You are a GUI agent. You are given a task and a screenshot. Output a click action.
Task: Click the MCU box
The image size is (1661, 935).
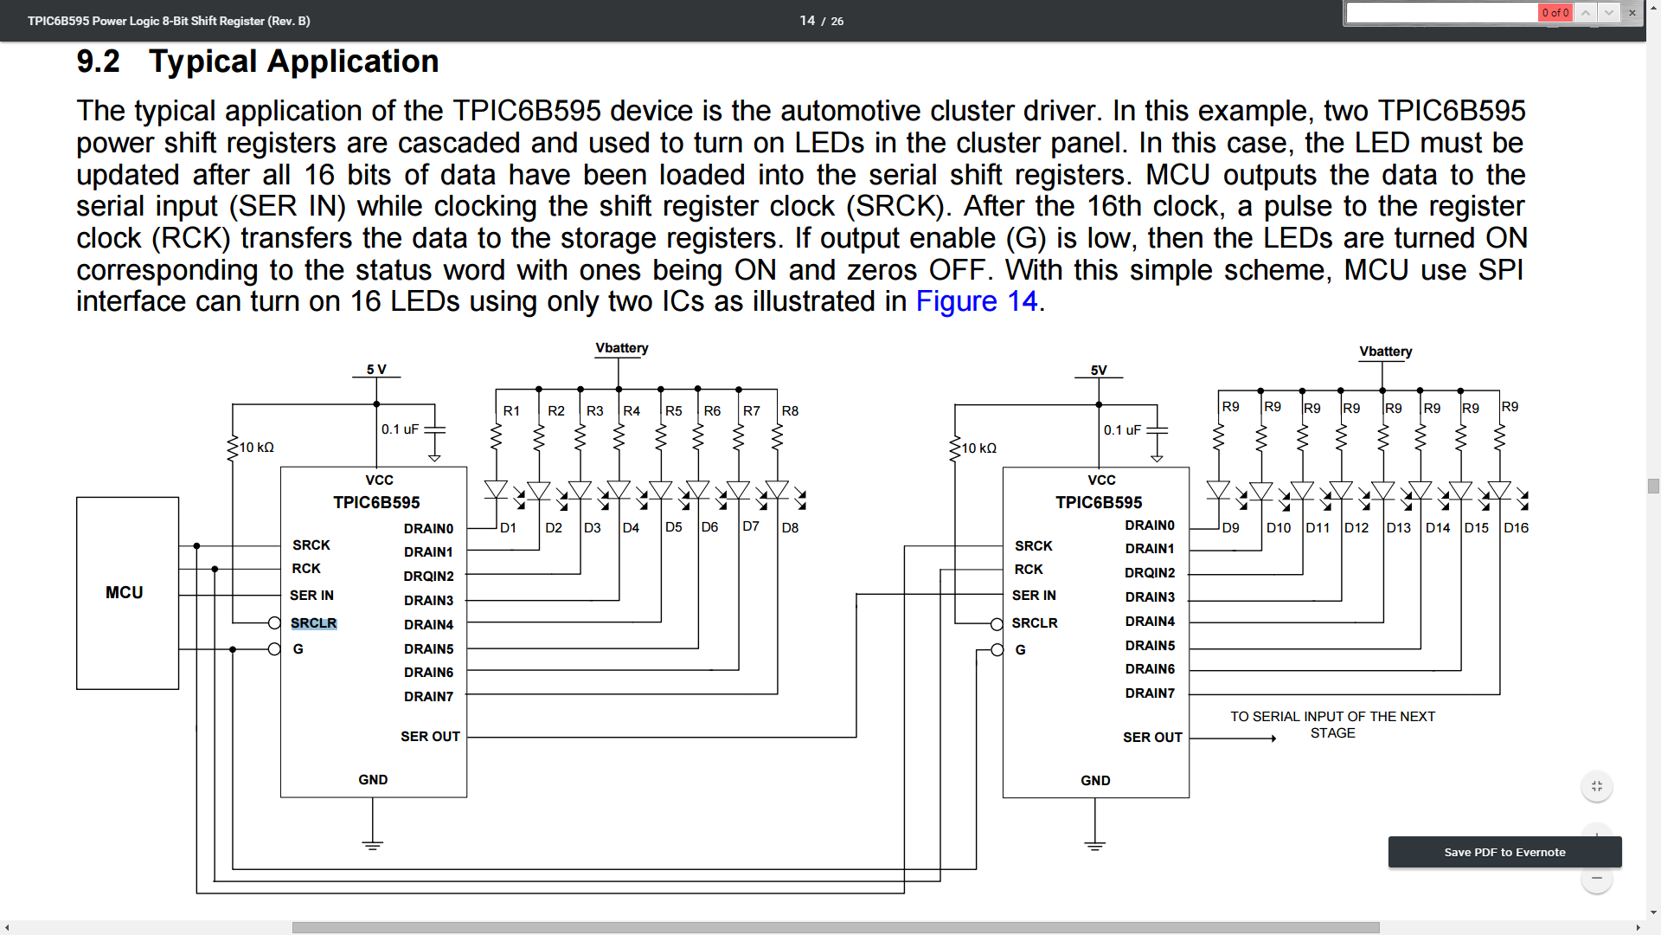pyautogui.click(x=127, y=593)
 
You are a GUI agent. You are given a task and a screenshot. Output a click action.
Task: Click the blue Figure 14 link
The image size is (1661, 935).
pyautogui.click(x=976, y=301)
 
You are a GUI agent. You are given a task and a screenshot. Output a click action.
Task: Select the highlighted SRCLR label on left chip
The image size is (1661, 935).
pyautogui.click(x=313, y=623)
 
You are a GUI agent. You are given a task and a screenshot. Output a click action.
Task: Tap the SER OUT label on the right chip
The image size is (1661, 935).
pyautogui.click(x=1151, y=738)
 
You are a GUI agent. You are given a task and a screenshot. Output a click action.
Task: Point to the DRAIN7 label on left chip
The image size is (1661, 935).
pyautogui.click(x=428, y=697)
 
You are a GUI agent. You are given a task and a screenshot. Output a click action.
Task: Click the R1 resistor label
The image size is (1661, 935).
pyautogui.click(x=511, y=411)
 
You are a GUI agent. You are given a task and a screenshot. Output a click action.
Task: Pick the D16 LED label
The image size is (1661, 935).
pyautogui.click(x=1516, y=528)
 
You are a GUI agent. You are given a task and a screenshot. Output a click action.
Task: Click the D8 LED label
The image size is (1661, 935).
pyautogui.click(x=790, y=528)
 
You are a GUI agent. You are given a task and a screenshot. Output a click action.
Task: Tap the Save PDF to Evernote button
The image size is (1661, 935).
pyautogui.click(x=1504, y=852)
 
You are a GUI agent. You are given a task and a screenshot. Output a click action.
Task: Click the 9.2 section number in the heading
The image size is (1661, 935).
pyautogui.click(x=98, y=61)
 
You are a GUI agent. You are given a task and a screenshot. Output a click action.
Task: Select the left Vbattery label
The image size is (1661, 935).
pyautogui.click(x=621, y=348)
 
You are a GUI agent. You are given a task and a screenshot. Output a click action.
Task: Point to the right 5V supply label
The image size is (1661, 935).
pyautogui.click(x=1099, y=370)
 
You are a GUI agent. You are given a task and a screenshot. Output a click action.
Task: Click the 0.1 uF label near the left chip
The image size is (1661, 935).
pyautogui.click(x=400, y=429)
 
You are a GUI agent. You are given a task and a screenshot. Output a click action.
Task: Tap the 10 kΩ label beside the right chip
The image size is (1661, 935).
pyautogui.click(x=979, y=448)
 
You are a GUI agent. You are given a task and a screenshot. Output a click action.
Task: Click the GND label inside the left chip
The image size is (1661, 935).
pyautogui.click(x=373, y=780)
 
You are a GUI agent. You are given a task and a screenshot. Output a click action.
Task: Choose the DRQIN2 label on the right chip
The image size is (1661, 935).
pyautogui.click(x=1150, y=573)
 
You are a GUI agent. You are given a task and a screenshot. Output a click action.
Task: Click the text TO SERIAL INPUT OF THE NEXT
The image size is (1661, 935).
pyautogui.click(x=1332, y=717)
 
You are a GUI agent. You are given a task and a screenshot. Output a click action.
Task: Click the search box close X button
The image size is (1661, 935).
pyautogui.click(x=1632, y=13)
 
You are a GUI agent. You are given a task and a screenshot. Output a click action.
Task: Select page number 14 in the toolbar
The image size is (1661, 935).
pyautogui.click(x=807, y=21)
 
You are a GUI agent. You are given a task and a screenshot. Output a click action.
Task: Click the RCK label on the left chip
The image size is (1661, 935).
pyautogui.click(x=306, y=569)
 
